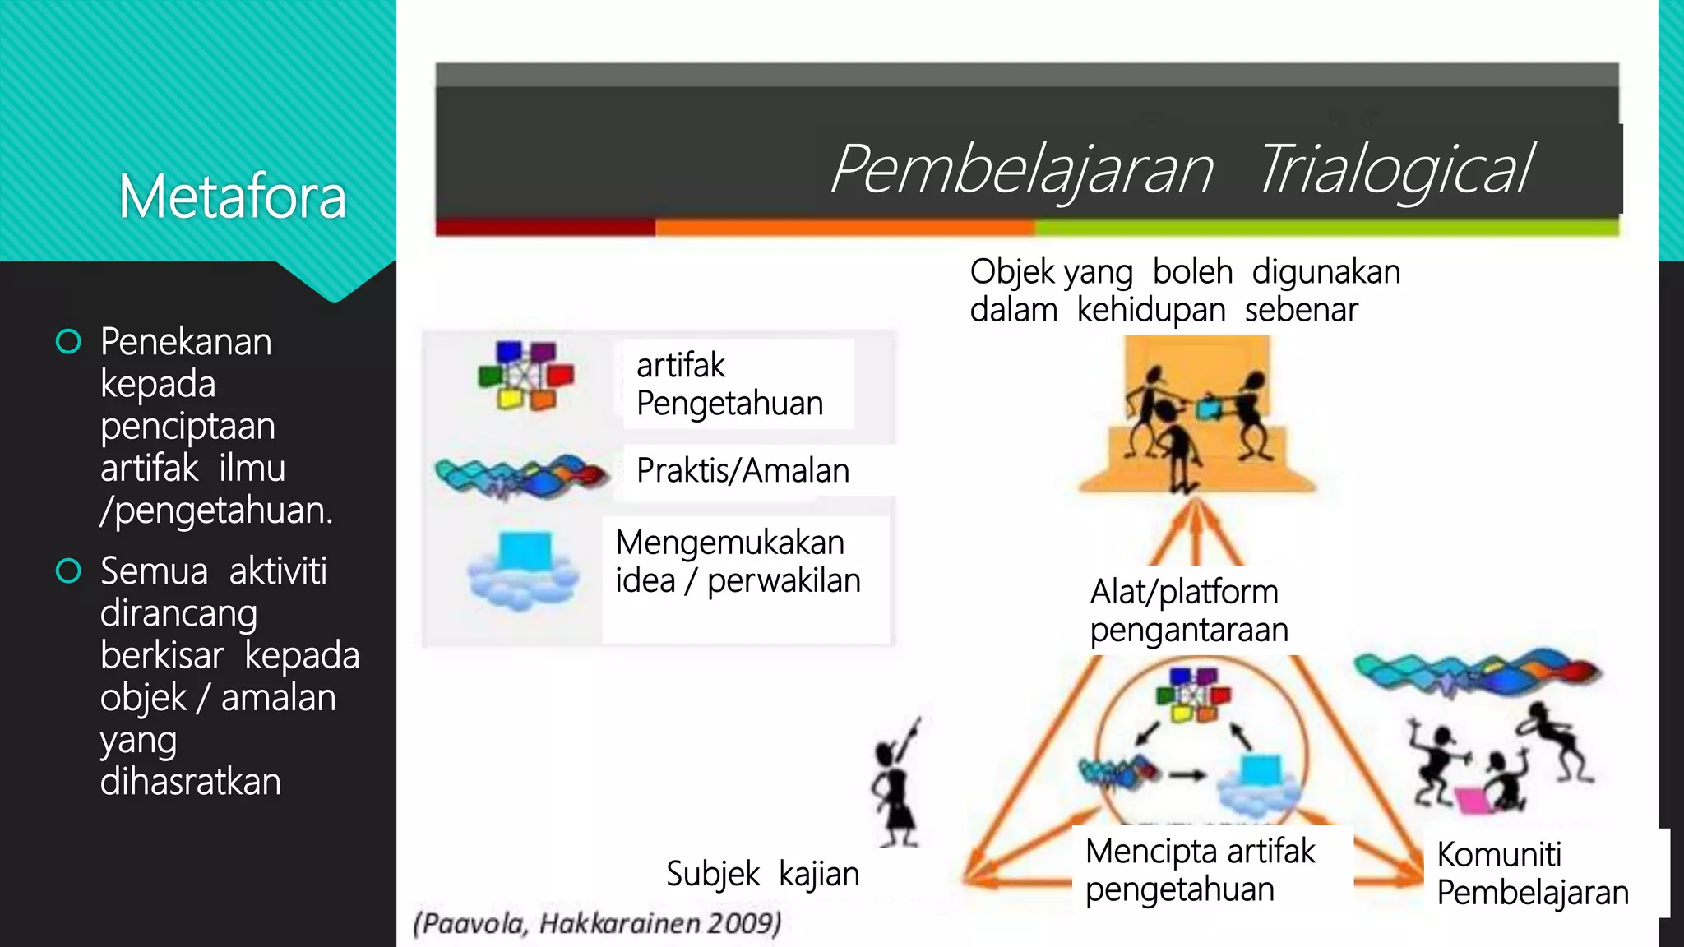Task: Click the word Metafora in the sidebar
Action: tap(232, 197)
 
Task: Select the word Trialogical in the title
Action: tap(1395, 169)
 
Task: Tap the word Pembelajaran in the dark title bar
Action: tap(1022, 169)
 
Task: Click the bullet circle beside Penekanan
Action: tap(68, 342)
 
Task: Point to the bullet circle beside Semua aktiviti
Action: tap(68, 571)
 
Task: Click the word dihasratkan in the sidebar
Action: tap(191, 781)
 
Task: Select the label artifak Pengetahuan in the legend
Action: tap(729, 384)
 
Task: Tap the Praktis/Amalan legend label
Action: tap(743, 471)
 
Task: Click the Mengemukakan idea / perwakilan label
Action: tap(738, 561)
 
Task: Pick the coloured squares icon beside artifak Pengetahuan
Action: tap(526, 376)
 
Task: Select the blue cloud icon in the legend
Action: tap(522, 571)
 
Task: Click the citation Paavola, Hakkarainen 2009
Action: tap(597, 923)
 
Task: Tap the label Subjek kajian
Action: tap(762, 874)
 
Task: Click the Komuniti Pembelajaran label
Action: tap(1532, 873)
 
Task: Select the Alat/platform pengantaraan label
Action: tap(1188, 611)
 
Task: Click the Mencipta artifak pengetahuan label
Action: tap(1200, 870)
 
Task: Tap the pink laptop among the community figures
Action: tap(1471, 800)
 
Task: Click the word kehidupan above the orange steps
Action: tap(1151, 311)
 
